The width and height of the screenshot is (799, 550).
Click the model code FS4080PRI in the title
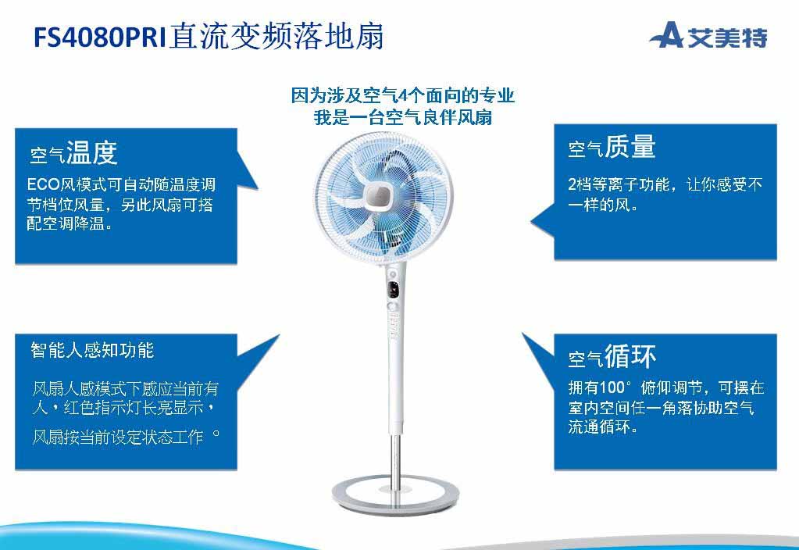[100, 37]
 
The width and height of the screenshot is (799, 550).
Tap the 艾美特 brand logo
[708, 36]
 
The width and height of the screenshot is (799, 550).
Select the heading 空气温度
[74, 152]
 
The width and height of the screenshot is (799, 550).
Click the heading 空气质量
[612, 147]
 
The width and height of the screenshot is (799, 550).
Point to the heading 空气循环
[612, 356]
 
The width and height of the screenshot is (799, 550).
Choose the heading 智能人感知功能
[92, 350]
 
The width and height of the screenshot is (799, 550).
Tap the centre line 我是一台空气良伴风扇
[402, 117]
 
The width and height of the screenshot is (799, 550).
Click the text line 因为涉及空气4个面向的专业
[402, 95]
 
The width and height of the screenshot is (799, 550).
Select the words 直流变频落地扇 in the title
[276, 37]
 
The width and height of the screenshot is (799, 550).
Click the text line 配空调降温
[70, 223]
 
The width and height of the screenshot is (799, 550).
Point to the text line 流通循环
[603, 427]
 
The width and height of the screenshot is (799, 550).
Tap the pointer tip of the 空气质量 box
[530, 223]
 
